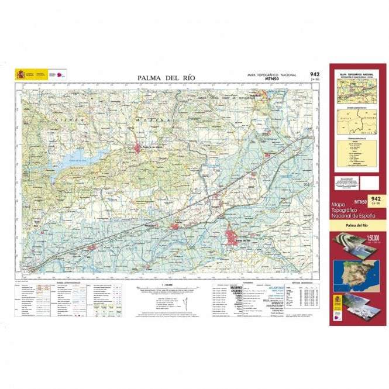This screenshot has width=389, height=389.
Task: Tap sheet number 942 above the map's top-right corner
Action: (x=315, y=74)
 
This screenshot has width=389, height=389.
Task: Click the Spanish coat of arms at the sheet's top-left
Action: (x=21, y=74)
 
